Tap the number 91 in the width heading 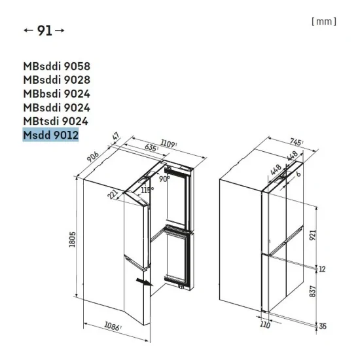(x=44, y=31)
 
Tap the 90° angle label (x=163, y=177)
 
